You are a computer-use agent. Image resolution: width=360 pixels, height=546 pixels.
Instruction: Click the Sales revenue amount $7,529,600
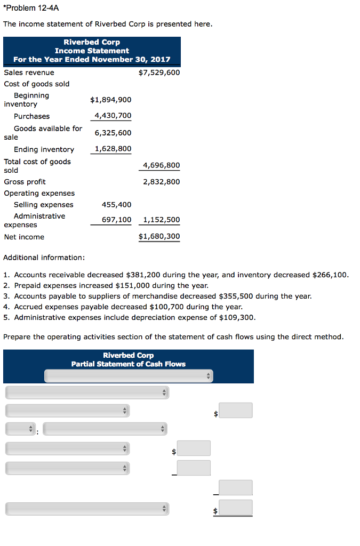(159, 73)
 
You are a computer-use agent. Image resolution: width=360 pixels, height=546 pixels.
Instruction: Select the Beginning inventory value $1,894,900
(110, 100)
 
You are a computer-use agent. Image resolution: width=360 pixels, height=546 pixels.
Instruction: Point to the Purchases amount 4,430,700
(113, 116)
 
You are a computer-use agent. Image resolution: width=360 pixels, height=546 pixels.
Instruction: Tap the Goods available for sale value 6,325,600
(113, 133)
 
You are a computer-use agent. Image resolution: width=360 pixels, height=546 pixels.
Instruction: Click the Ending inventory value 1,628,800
(113, 149)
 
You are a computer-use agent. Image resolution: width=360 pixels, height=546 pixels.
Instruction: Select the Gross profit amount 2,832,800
(161, 182)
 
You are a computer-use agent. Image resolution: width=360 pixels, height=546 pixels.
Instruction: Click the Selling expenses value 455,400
(116, 205)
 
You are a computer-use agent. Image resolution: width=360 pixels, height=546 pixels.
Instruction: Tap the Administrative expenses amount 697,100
(116, 220)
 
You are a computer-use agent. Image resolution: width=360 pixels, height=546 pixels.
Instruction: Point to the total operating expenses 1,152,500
(161, 220)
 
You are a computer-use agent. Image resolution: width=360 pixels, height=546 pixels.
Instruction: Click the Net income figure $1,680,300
(159, 236)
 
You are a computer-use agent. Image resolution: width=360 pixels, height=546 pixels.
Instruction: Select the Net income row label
(24, 237)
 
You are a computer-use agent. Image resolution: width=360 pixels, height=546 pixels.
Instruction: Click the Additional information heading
(44, 258)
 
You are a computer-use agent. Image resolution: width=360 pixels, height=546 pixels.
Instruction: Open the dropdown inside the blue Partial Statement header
(128, 376)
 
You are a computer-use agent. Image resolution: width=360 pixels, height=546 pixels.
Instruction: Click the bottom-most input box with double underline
(235, 508)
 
